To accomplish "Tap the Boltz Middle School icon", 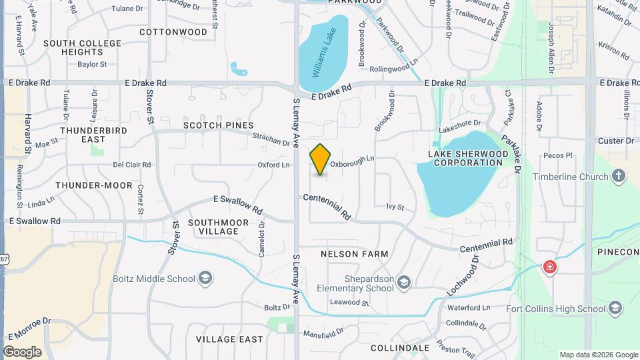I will (206, 279).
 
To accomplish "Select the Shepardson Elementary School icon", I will (403, 283).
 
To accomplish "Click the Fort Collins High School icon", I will (615, 308).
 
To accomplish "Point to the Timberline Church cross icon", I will (619, 177).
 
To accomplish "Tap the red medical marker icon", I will (550, 268).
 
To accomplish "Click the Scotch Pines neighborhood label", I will (219, 125).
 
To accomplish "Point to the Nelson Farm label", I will (354, 255).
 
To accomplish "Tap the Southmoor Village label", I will (218, 227).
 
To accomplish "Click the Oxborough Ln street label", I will (353, 159).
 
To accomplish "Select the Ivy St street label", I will (395, 207).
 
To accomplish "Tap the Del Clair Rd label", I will (132, 165).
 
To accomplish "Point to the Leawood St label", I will (349, 302).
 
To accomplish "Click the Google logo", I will (22, 351).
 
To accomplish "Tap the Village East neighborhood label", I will (229, 339).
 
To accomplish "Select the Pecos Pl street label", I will (558, 156).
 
